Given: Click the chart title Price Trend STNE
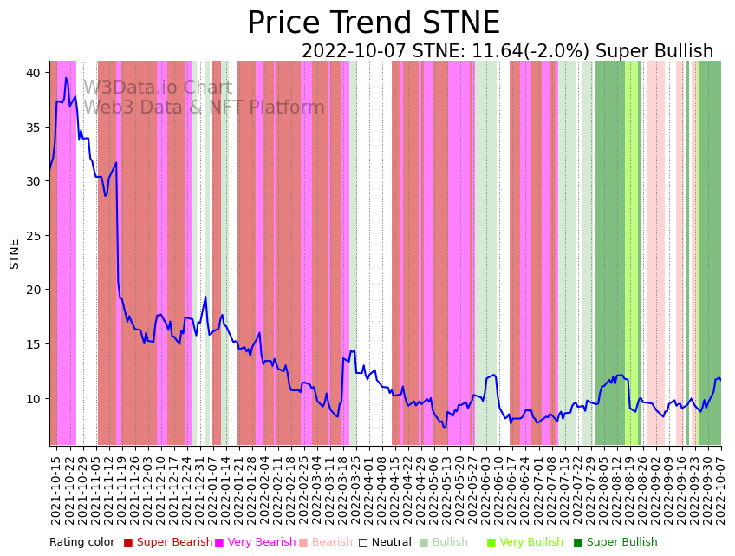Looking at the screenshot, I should pos(373,23).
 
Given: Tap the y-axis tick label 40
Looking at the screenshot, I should pos(33,73).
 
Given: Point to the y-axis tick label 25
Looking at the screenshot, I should pos(33,236).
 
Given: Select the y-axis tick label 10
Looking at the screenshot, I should pos(33,399).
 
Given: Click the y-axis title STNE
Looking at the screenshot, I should pos(15,253).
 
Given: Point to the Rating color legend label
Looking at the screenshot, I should pos(81,543).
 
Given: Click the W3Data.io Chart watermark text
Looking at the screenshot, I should pos(158,88).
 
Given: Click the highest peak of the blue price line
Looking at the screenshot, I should pos(66,78).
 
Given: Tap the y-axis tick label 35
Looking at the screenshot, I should pos(33,128).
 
